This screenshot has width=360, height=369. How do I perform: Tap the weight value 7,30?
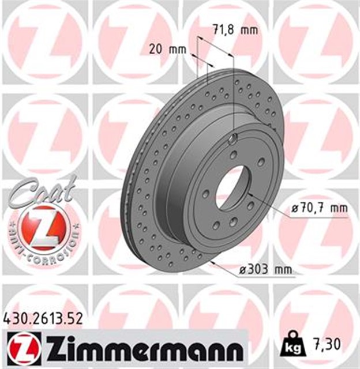[x=328, y=344]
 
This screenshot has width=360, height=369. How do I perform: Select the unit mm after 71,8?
[x=249, y=29]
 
